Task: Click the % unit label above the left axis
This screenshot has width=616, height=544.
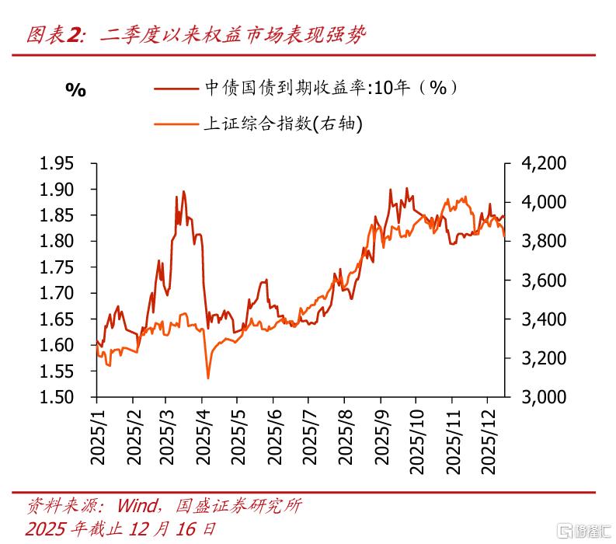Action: (75, 90)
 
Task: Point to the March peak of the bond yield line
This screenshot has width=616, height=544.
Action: (183, 192)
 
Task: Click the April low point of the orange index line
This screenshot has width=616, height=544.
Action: (208, 378)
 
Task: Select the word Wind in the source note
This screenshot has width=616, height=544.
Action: (137, 506)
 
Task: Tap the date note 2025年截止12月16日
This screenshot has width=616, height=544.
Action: (120, 529)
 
